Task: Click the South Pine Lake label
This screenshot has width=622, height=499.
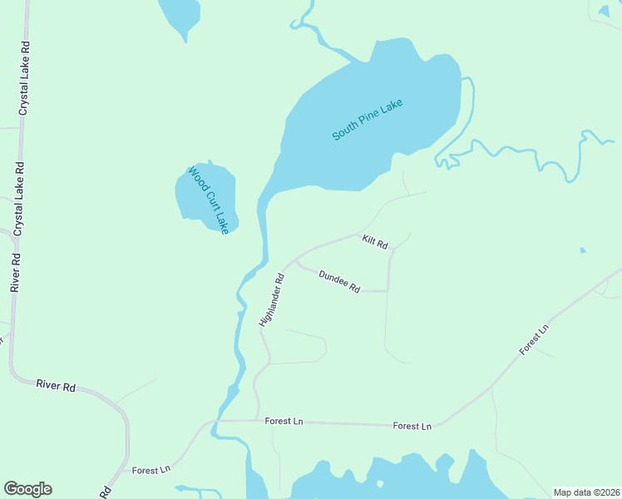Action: pos(367,120)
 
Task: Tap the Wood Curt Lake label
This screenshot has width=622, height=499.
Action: pos(208,200)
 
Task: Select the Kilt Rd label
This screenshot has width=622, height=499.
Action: pos(375,242)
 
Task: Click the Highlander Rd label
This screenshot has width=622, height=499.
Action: pos(272,300)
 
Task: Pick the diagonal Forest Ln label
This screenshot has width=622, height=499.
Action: pos(534,340)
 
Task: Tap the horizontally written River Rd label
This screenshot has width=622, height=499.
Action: pos(56,386)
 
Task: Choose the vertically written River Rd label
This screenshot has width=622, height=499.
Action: pos(15,273)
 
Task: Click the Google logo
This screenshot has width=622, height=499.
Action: pos(27,489)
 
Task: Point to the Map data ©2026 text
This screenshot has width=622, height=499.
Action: pos(585,492)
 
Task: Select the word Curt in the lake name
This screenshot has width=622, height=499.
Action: pos(209,200)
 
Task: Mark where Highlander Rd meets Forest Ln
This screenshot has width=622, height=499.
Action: pos(254,420)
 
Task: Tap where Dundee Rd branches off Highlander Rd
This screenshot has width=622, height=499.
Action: pos(295,261)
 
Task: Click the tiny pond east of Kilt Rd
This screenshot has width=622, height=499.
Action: pos(582,249)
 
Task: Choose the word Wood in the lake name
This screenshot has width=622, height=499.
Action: pos(195,177)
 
